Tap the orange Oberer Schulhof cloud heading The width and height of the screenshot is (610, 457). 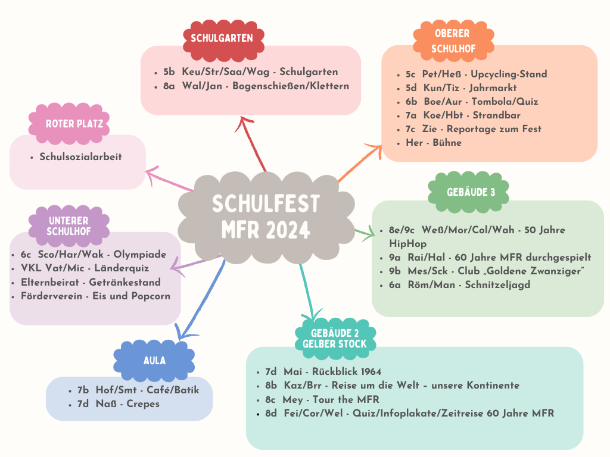pyautogui.click(x=453, y=41)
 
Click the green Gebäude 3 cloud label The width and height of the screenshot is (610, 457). pyautogui.click(x=468, y=192)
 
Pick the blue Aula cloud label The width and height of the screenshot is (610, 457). pyautogui.click(x=154, y=360)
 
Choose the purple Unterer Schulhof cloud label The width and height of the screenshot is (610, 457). pyautogui.click(x=69, y=226)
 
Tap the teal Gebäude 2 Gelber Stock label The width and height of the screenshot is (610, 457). pyautogui.click(x=335, y=339)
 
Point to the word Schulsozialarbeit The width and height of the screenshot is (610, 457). pyautogui.click(x=80, y=156)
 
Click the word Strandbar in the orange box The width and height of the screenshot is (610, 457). pyautogui.click(x=496, y=115)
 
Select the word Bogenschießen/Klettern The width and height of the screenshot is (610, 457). pyautogui.click(x=291, y=86)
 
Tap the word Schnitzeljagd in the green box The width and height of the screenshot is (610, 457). pyautogui.click(x=497, y=285)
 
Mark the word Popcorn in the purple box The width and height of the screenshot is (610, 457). pyautogui.click(x=151, y=296)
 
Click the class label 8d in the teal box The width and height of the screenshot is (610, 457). pyautogui.click(x=271, y=413)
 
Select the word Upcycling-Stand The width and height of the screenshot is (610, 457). pyautogui.click(x=509, y=74)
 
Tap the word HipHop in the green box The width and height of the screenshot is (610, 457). pyautogui.click(x=407, y=243)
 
